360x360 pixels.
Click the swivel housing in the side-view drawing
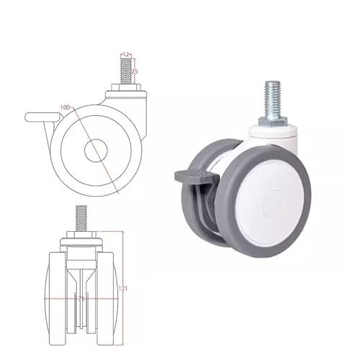[137, 108]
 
